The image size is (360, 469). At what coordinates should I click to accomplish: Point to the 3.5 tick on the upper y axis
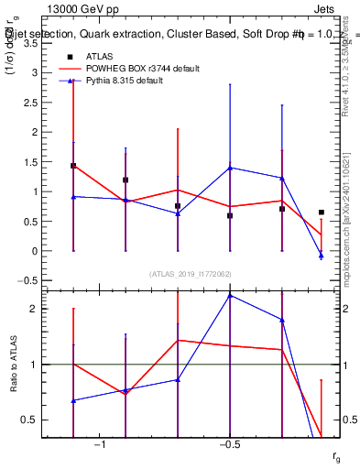click(29, 43)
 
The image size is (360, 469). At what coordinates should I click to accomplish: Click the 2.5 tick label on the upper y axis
click(29, 103)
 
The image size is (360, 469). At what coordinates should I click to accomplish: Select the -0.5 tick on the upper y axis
click(27, 281)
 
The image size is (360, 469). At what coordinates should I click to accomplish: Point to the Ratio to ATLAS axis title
click(15, 365)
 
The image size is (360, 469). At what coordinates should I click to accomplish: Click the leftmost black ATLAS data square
click(73, 166)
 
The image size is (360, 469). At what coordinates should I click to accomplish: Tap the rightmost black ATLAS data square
click(321, 213)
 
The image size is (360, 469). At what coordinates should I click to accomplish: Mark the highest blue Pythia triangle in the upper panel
click(230, 168)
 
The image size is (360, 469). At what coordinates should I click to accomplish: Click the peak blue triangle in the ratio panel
click(230, 295)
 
